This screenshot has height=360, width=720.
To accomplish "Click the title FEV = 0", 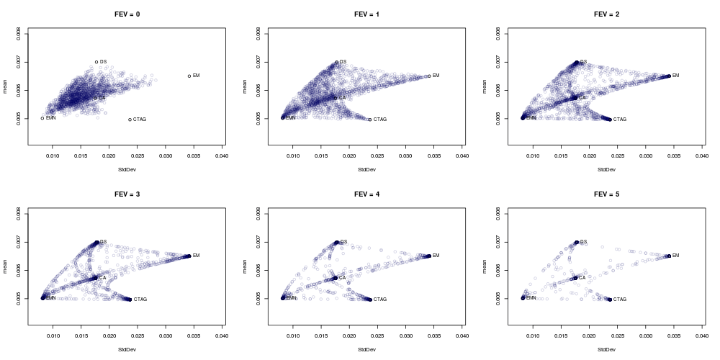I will pos(127,14).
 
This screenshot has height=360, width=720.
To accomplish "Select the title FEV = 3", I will pos(127,194).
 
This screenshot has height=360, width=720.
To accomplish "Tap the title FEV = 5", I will pos(606,194).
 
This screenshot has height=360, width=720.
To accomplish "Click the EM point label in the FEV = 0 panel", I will pos(197,76).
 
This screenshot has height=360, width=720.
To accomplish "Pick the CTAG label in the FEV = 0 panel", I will pos(140,120).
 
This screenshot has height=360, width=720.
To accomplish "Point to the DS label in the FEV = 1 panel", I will pos(343,62).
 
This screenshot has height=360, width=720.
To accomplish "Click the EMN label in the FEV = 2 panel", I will pos(531,117).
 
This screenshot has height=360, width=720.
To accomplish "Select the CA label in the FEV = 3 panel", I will pos(102,277).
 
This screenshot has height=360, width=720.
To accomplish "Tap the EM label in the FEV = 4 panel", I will pos(436,256).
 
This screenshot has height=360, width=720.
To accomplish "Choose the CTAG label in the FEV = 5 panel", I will pos(619,299).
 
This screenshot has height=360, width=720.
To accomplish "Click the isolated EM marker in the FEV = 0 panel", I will pos(189,76).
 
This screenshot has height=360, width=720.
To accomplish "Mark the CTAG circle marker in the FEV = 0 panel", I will pos(130,120).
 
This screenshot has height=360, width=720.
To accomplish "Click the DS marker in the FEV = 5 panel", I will pos(577,242).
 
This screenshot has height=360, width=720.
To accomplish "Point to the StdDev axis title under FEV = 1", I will pos(366,170).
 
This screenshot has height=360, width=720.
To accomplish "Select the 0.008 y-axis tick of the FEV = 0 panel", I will pos(18,34).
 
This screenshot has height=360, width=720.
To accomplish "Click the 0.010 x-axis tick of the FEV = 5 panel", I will pos(534,334).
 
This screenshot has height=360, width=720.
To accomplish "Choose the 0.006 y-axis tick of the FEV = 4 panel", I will pos(258,270).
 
